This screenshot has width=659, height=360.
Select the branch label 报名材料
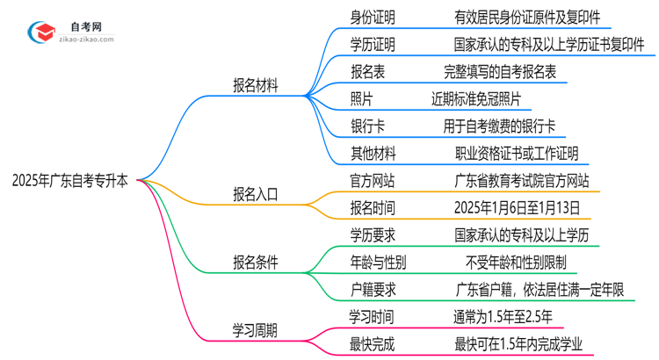(x=256, y=86)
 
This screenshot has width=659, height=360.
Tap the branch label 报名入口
(x=256, y=195)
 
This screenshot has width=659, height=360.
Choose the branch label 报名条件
(x=256, y=262)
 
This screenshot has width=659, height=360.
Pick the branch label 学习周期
(x=256, y=330)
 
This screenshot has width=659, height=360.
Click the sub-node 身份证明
(x=373, y=16)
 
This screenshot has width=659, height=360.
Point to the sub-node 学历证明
(x=373, y=43)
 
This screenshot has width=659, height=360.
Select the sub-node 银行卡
(x=366, y=126)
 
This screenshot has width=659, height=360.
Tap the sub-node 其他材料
(x=373, y=154)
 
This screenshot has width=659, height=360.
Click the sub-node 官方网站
(x=373, y=182)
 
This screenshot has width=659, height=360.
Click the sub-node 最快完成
(x=373, y=345)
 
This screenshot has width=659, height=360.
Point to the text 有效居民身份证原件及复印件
(x=515, y=16)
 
